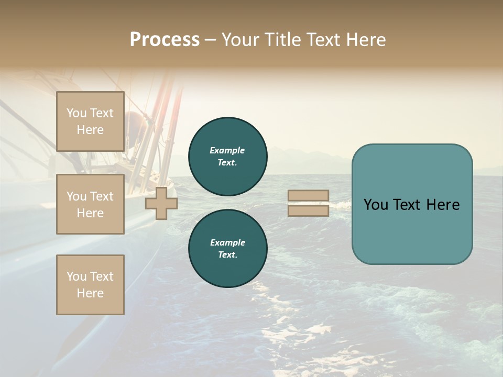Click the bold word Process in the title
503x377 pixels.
[165, 40]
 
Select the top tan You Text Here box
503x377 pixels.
[90, 121]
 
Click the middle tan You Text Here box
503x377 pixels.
[90, 204]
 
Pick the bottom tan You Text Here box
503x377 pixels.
[90, 284]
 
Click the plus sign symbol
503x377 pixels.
[161, 204]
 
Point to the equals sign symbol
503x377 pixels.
[308, 203]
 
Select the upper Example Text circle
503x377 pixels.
[227, 156]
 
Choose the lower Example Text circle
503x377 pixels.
[227, 248]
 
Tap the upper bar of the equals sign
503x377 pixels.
[308, 196]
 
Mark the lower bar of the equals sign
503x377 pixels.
[308, 210]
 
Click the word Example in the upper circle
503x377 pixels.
[227, 150]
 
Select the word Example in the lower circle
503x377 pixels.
[227, 242]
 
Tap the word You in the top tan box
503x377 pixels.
[76, 113]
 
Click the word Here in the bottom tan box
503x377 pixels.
[90, 293]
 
